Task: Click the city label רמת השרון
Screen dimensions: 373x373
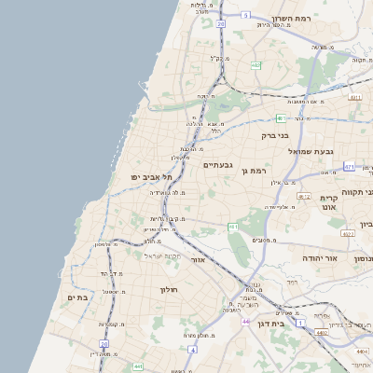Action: click(296, 19)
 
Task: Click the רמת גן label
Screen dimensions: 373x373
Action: click(253, 170)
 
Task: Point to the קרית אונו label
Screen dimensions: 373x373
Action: click(327, 205)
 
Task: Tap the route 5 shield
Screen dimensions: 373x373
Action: click(245, 15)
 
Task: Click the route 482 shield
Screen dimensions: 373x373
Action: click(256, 65)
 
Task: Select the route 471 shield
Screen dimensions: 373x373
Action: click(349, 167)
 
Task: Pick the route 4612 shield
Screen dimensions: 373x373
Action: click(304, 196)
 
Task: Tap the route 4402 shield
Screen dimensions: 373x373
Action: click(322, 332)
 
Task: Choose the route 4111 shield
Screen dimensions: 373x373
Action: click(354, 97)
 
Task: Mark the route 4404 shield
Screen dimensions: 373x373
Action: click(361, 352)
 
